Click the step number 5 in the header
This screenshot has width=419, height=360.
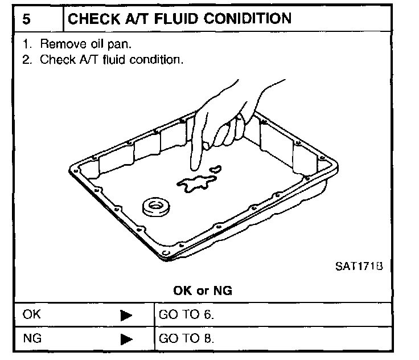pos(27,19)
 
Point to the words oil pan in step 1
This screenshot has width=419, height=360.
pos(115,43)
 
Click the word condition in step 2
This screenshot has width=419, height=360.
pos(155,59)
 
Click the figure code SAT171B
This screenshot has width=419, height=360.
pos(357,265)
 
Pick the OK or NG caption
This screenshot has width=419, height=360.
pos(203,291)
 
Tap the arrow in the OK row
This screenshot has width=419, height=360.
pos(126,314)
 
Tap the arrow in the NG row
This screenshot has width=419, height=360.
pos(126,339)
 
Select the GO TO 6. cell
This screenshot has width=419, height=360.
pos(181,314)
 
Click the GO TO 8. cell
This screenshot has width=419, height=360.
pos(181,338)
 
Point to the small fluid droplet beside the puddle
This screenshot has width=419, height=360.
pos(216,169)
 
